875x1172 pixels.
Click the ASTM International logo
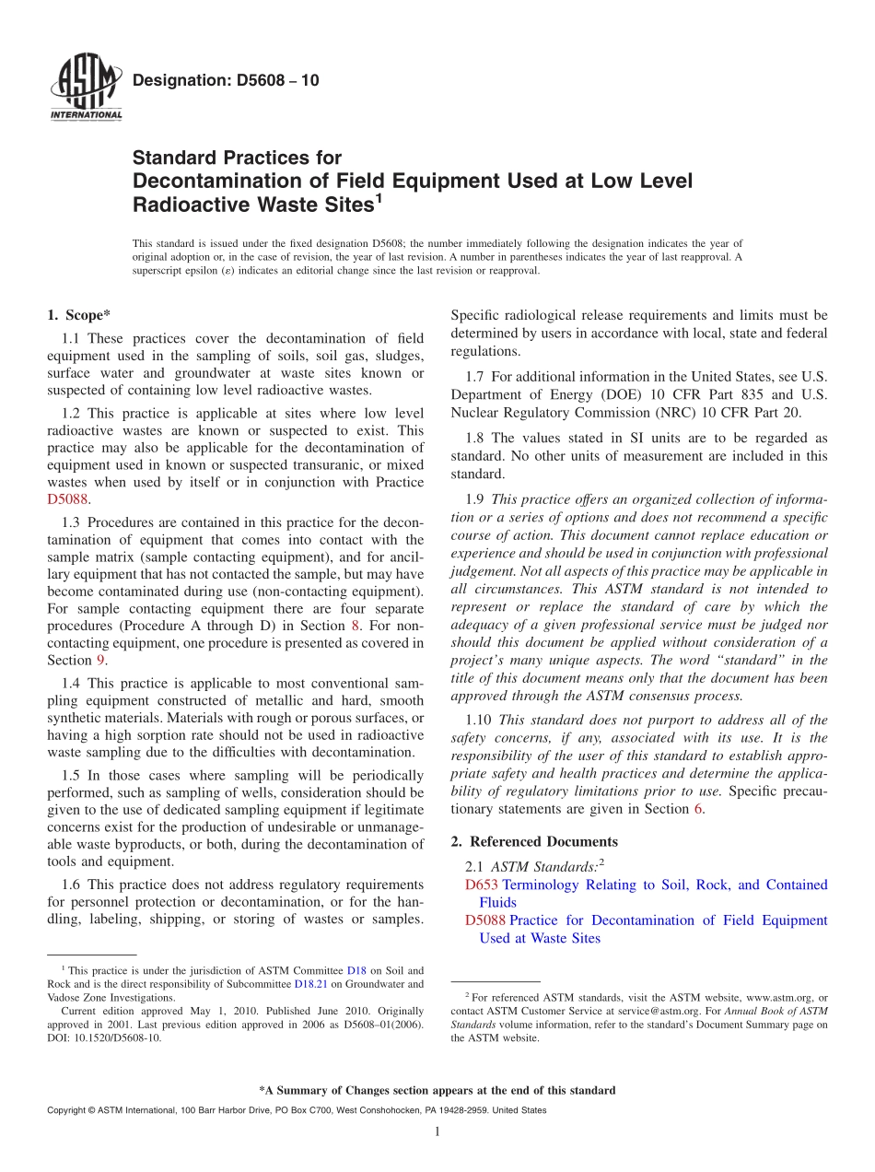click(x=85, y=88)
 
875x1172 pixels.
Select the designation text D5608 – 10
click(x=226, y=80)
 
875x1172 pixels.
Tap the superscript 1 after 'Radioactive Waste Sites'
click(x=378, y=196)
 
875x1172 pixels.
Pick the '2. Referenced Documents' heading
click(x=534, y=841)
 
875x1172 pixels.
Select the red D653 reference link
click(x=482, y=885)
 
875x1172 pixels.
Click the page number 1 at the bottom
click(x=437, y=1131)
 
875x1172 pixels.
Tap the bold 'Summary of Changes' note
click(x=437, y=1090)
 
